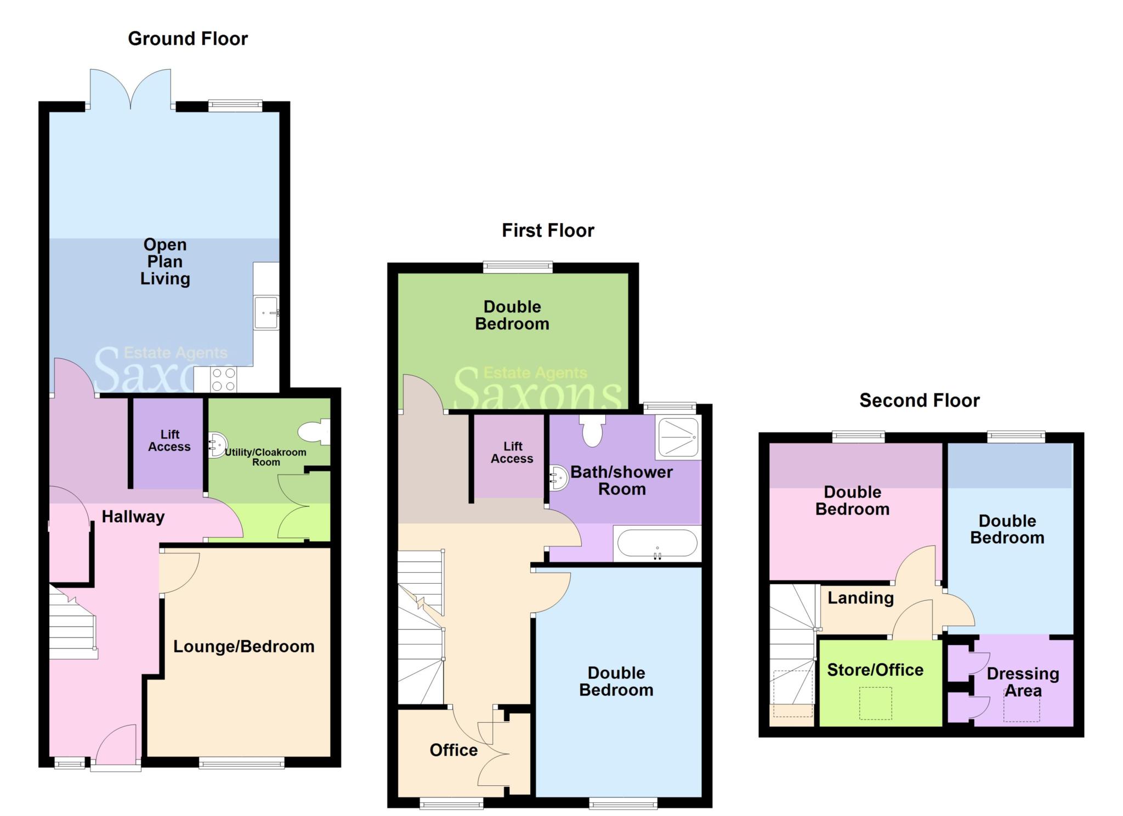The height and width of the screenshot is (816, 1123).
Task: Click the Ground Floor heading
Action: coord(188,39)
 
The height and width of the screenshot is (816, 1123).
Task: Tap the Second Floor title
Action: coord(919,401)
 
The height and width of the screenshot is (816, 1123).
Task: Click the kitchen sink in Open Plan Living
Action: coord(266,313)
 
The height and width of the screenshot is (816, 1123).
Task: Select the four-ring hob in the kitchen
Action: coord(223,379)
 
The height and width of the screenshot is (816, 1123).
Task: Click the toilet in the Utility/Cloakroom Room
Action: coord(315,432)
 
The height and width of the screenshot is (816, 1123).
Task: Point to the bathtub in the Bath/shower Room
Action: coord(657,543)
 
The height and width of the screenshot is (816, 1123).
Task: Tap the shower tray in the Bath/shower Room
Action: coord(678,438)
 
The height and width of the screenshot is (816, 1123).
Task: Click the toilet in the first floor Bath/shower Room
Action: coord(592,431)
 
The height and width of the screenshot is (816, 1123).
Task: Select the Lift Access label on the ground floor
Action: coord(169,441)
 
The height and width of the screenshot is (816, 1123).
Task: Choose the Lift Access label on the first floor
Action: coord(512,453)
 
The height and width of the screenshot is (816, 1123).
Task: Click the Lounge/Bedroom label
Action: coord(244,647)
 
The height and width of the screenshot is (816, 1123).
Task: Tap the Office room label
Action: coord(453,750)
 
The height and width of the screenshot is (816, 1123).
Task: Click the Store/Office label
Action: coord(875,670)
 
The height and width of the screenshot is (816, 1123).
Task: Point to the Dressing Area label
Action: coord(1023,682)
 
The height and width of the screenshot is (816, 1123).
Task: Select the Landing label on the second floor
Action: coord(860,598)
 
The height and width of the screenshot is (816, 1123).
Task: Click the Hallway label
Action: coord(133,517)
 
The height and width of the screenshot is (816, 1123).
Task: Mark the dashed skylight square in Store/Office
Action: coord(875,703)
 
